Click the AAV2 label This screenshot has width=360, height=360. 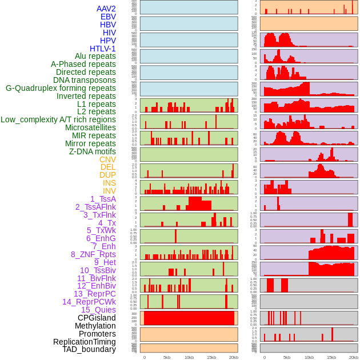click(x=106, y=9)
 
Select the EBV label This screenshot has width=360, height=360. click(x=108, y=17)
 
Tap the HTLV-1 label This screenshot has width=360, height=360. click(x=102, y=49)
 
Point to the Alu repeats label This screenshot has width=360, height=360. click(x=95, y=56)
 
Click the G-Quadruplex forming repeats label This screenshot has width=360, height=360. click(x=61, y=88)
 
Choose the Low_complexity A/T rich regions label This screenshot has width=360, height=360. click(x=58, y=119)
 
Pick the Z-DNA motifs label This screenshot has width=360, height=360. click(x=93, y=151)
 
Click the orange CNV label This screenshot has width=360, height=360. click(x=107, y=159)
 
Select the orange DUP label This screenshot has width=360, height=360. click(x=107, y=175)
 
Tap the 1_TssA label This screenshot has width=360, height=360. click(x=103, y=199)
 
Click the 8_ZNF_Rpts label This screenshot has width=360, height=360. click(x=93, y=254)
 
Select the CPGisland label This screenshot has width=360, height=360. click(x=97, y=318)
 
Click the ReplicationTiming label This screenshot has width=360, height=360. click(x=84, y=342)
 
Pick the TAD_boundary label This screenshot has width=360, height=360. click(x=89, y=349)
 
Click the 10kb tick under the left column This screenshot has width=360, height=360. click(x=189, y=357)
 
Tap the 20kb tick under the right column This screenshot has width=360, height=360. click(x=354, y=357)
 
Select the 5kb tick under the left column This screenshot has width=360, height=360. click(x=167, y=357)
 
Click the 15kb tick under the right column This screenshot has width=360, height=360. click(x=331, y=357)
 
